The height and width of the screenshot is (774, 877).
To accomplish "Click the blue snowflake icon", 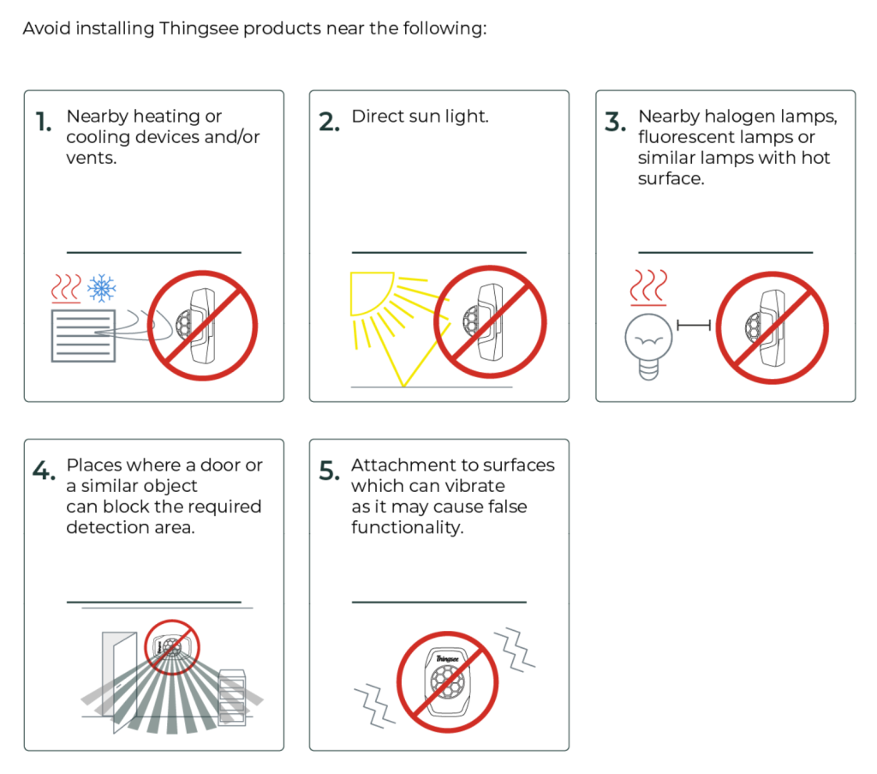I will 102,288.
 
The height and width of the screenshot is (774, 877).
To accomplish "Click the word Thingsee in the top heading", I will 199,28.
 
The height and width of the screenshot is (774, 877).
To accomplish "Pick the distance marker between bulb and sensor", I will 694,325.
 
